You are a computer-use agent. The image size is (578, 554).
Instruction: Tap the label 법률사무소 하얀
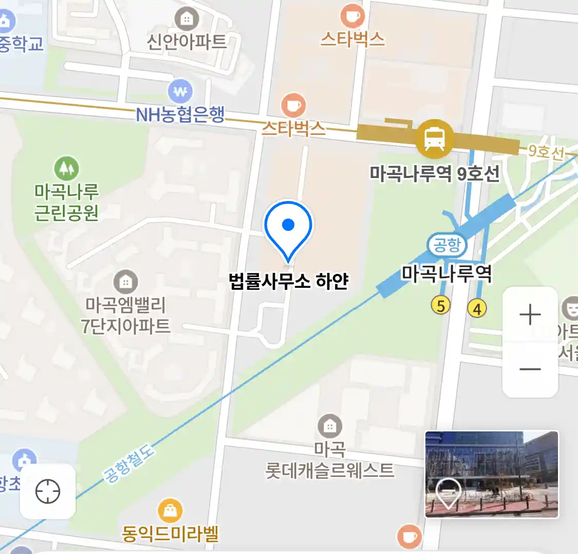pos(289,281)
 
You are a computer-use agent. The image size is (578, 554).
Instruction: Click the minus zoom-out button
pos(530,369)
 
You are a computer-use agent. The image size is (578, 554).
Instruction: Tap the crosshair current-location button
pos(48,491)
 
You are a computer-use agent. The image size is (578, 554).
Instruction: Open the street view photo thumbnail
pos(491,474)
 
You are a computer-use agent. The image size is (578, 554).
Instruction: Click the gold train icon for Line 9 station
pos(435,138)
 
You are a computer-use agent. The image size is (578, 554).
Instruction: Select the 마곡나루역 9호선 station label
pos(434,174)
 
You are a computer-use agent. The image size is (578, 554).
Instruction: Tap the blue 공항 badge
pos(447,245)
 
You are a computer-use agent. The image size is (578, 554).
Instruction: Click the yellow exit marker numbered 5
pos(441,306)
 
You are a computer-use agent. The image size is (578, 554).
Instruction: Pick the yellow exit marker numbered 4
pos(477,309)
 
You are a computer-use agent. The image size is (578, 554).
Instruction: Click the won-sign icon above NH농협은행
pos(180,92)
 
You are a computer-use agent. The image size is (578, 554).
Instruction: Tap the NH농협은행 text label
pos(180,115)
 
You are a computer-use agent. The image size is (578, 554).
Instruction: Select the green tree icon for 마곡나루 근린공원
pos(67,168)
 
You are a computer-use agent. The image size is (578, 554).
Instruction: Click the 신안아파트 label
pos(187,42)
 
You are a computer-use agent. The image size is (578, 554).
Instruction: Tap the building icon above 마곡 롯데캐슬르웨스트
pos(330,426)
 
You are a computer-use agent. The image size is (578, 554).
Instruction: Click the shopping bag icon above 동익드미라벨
pos(170,510)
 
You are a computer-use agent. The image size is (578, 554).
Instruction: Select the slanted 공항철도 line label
pos(129,464)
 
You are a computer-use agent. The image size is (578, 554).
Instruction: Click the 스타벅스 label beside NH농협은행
pos(293,128)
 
